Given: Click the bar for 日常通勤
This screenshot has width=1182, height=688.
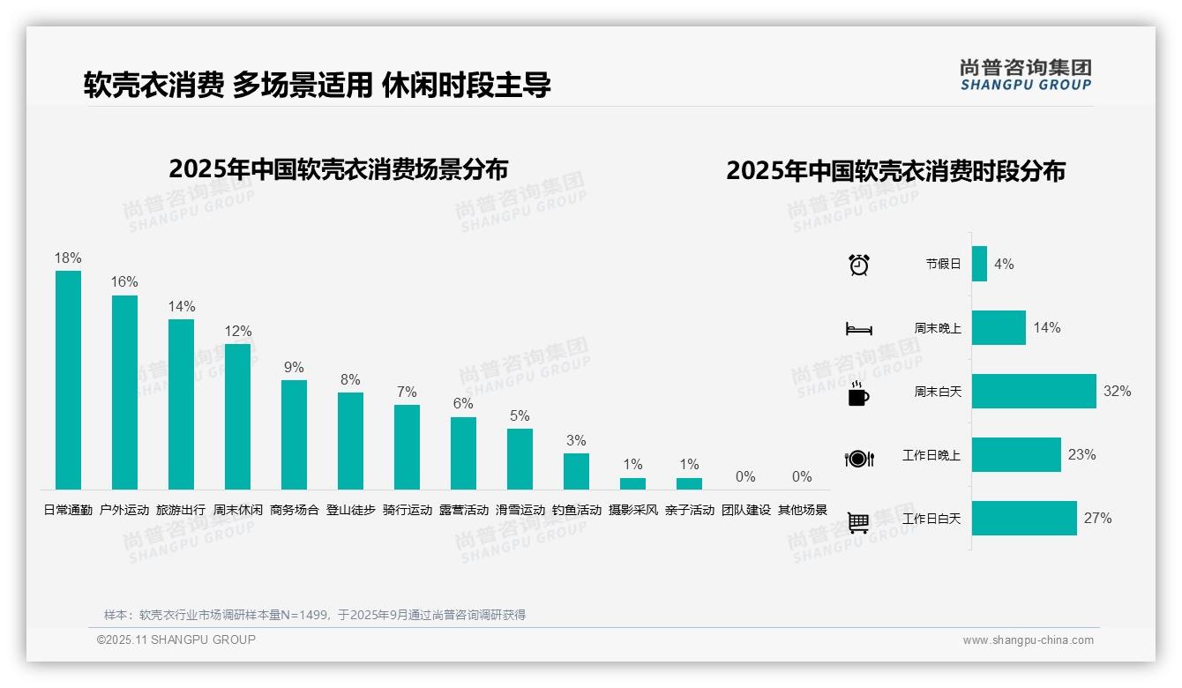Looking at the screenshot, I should [x=68, y=380].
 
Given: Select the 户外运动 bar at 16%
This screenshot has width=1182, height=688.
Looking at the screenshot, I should [x=124, y=393].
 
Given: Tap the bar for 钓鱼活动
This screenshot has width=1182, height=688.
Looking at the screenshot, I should [x=576, y=471].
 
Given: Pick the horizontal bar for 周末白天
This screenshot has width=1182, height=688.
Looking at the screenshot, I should [x=1034, y=391].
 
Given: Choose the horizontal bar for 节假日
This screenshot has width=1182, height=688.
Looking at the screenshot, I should [x=979, y=264].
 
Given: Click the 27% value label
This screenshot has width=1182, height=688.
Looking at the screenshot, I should [x=1098, y=518].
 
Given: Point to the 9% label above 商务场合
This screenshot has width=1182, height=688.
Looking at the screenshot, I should [x=294, y=367].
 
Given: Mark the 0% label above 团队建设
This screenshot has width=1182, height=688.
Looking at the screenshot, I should [x=745, y=476].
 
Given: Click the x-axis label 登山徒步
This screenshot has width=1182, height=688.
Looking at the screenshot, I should [x=350, y=510].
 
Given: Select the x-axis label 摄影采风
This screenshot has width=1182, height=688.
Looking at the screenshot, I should [x=632, y=510].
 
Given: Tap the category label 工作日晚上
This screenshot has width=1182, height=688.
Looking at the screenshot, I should [x=931, y=455].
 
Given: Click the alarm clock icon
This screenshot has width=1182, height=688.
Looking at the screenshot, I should [x=858, y=265].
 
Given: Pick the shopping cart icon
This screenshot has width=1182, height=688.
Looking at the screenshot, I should [x=858, y=522].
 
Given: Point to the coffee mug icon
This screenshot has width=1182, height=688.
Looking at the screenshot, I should [x=858, y=394].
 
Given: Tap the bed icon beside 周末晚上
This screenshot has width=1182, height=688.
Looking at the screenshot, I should [x=858, y=329].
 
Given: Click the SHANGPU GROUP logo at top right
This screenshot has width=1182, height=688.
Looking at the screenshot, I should [x=1025, y=75].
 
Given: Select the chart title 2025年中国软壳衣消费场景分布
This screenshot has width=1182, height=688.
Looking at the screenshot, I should [x=338, y=168].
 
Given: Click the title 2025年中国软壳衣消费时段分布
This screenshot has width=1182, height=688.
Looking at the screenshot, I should [x=895, y=170].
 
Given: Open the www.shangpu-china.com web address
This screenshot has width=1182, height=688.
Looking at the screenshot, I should [x=1028, y=640].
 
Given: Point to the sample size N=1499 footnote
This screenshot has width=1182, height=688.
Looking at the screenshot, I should [x=314, y=615].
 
